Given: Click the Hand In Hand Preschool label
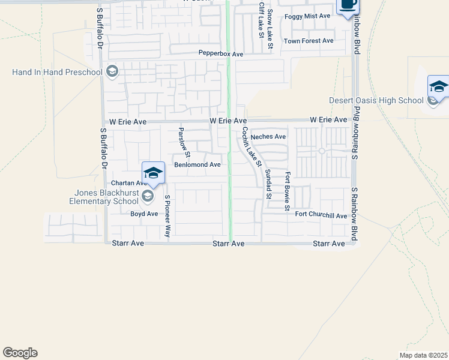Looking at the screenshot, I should pos(57,73).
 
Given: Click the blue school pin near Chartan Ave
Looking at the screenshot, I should pos(153,173).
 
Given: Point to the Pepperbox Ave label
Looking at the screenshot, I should pos(221,54).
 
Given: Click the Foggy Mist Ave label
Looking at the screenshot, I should pos(308,16).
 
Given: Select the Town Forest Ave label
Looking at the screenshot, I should pos(309,41).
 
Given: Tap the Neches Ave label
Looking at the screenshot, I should pos(268,137).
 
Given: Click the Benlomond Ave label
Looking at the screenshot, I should pos(197,164).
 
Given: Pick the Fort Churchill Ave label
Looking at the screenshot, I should pos(321,216).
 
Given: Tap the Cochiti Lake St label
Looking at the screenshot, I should pos(252,147).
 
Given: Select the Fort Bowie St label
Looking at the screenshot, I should pos(288,191).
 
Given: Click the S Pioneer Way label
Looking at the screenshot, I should pos(167,215).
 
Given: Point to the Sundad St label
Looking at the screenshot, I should pos(268,184).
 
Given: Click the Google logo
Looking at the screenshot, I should pos(20,353).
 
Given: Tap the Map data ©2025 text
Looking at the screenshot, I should pos(423,355).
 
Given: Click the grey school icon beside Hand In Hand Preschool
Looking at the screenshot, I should pos(112,73).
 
